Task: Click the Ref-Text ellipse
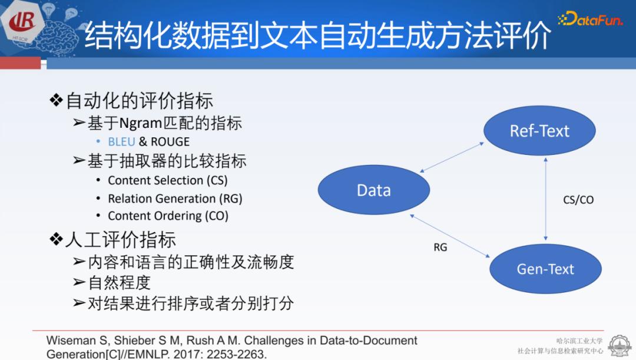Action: [x=539, y=131]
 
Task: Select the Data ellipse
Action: [x=374, y=190]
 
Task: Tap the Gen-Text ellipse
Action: [x=545, y=269]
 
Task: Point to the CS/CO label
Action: [x=578, y=200]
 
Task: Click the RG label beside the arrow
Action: [x=440, y=247]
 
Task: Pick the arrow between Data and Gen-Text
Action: [x=450, y=236]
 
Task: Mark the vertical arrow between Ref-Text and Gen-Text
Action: [x=546, y=200]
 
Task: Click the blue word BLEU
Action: [x=121, y=142]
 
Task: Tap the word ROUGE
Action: [x=170, y=142]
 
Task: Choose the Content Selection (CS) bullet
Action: [x=167, y=180]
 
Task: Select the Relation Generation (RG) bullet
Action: [x=175, y=199]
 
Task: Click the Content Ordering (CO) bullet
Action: [x=168, y=216]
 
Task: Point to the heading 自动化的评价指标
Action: [x=139, y=101]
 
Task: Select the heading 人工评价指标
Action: [x=120, y=240]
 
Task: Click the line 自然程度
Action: [x=120, y=282]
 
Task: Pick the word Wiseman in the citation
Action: [x=69, y=341]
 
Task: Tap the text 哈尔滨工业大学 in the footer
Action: [x=579, y=341]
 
